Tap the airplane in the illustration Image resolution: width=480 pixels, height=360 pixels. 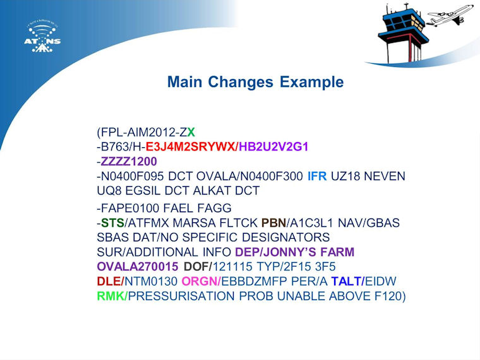coord(450,15)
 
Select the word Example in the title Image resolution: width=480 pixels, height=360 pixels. coord(311,82)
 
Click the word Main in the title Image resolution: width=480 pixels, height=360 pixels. coord(185,82)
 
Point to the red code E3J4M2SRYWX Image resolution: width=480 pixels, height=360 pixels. coord(190,147)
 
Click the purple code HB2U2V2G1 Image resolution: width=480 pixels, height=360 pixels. coord(273,147)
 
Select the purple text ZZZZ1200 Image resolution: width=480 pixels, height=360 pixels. coord(129,161)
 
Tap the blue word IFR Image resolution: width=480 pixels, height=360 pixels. coord(317,176)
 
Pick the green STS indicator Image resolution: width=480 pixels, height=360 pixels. coord(112,222)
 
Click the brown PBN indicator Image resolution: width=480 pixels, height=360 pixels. coord(273,222)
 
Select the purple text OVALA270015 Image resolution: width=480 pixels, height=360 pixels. coord(138,267)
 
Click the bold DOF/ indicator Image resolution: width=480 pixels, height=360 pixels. coord(198,267)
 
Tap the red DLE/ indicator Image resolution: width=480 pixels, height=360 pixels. coord(111,281)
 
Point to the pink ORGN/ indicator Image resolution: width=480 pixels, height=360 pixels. coord(201,281)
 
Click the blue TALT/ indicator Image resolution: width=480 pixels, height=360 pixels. coord(348,281)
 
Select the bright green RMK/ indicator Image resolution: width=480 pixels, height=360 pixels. coord(112,296)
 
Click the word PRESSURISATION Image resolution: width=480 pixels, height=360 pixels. coord(181,296)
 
